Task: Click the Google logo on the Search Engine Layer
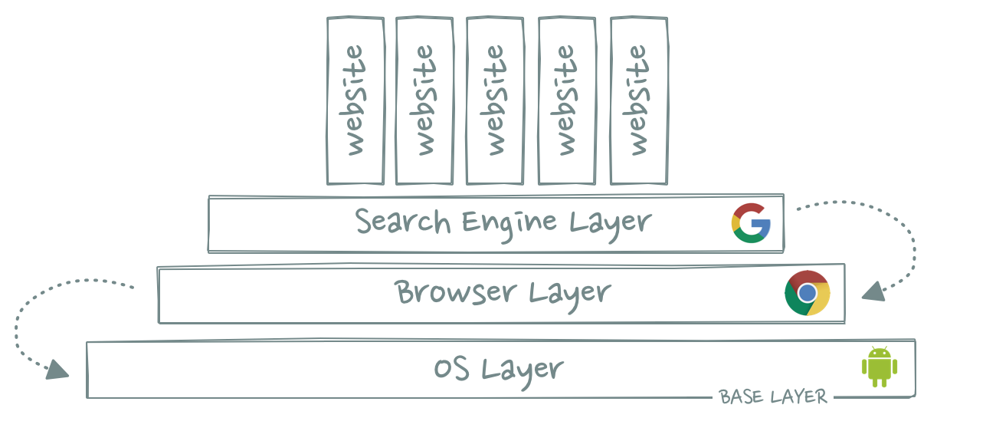tap(751, 223)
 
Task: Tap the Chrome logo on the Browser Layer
tap(807, 293)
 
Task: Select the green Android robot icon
tap(879, 367)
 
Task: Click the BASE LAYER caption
tap(773, 397)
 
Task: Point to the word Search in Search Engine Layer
tap(403, 222)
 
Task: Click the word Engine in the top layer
tap(509, 222)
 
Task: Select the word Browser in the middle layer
tap(455, 292)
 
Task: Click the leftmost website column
tap(355, 100)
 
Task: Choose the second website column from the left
tap(424, 100)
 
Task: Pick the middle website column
tap(495, 100)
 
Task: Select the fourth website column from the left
tap(566, 100)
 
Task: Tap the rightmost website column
tap(637, 100)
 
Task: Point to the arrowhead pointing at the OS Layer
tap(57, 370)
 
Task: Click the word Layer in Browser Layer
tap(569, 293)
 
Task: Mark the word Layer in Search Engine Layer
tap(610, 223)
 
